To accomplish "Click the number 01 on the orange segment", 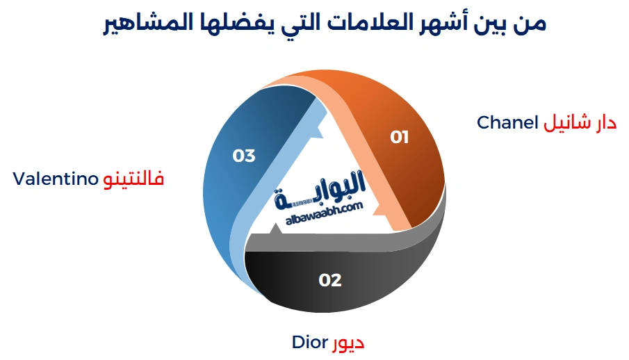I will (399, 137).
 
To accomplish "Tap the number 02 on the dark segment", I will (330, 280).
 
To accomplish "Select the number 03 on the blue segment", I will (244, 156).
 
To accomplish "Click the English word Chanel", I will (507, 123).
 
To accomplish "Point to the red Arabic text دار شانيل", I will (580, 123).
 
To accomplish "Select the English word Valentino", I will (56, 179).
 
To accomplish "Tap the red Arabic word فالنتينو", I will (133, 179).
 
